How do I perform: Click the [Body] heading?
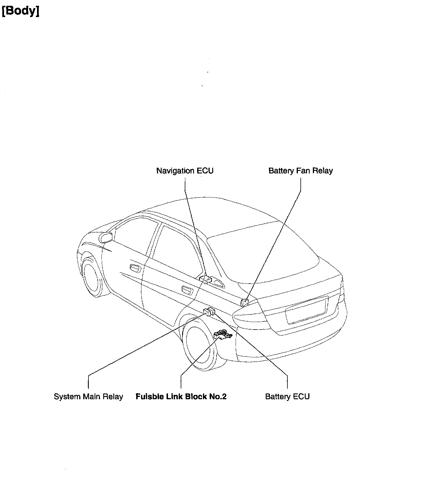tap(21, 11)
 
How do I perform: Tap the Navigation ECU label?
tap(185, 171)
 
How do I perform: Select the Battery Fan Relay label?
tap(300, 171)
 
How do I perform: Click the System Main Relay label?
tap(88, 396)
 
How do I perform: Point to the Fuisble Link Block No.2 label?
tap(181, 396)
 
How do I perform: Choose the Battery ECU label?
tap(287, 396)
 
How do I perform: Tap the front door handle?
tap(135, 267)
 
